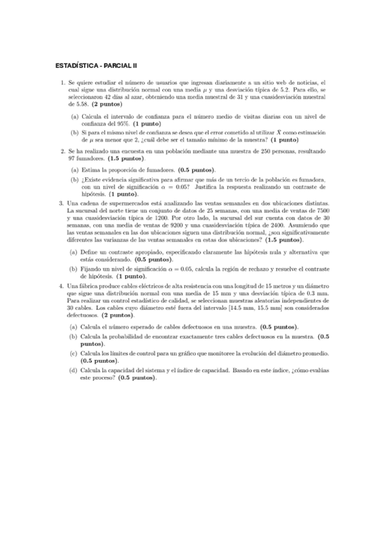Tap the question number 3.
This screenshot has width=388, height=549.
60,203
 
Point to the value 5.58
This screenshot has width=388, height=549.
76,104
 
